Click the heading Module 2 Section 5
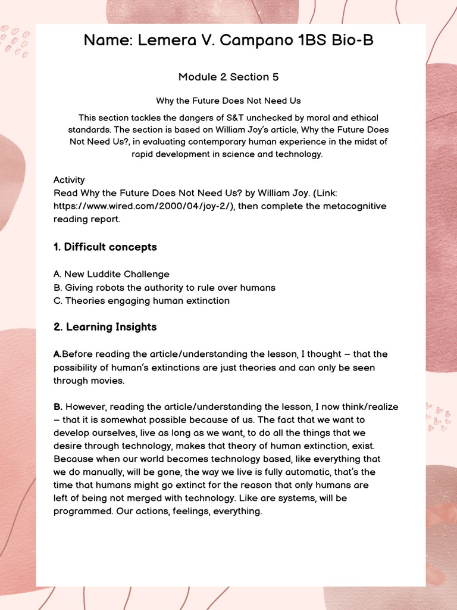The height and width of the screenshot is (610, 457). coord(228,77)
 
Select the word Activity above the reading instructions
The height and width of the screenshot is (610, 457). coord(69,180)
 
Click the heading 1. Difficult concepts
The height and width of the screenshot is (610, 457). coord(105,247)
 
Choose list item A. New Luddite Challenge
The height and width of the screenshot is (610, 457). coord(111,275)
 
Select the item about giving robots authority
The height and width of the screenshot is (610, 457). coord(164,288)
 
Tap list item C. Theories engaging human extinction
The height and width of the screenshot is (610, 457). coord(142,301)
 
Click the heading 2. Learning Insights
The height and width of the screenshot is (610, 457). coord(105,327)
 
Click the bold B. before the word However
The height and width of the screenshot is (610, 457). coord(58,407)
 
